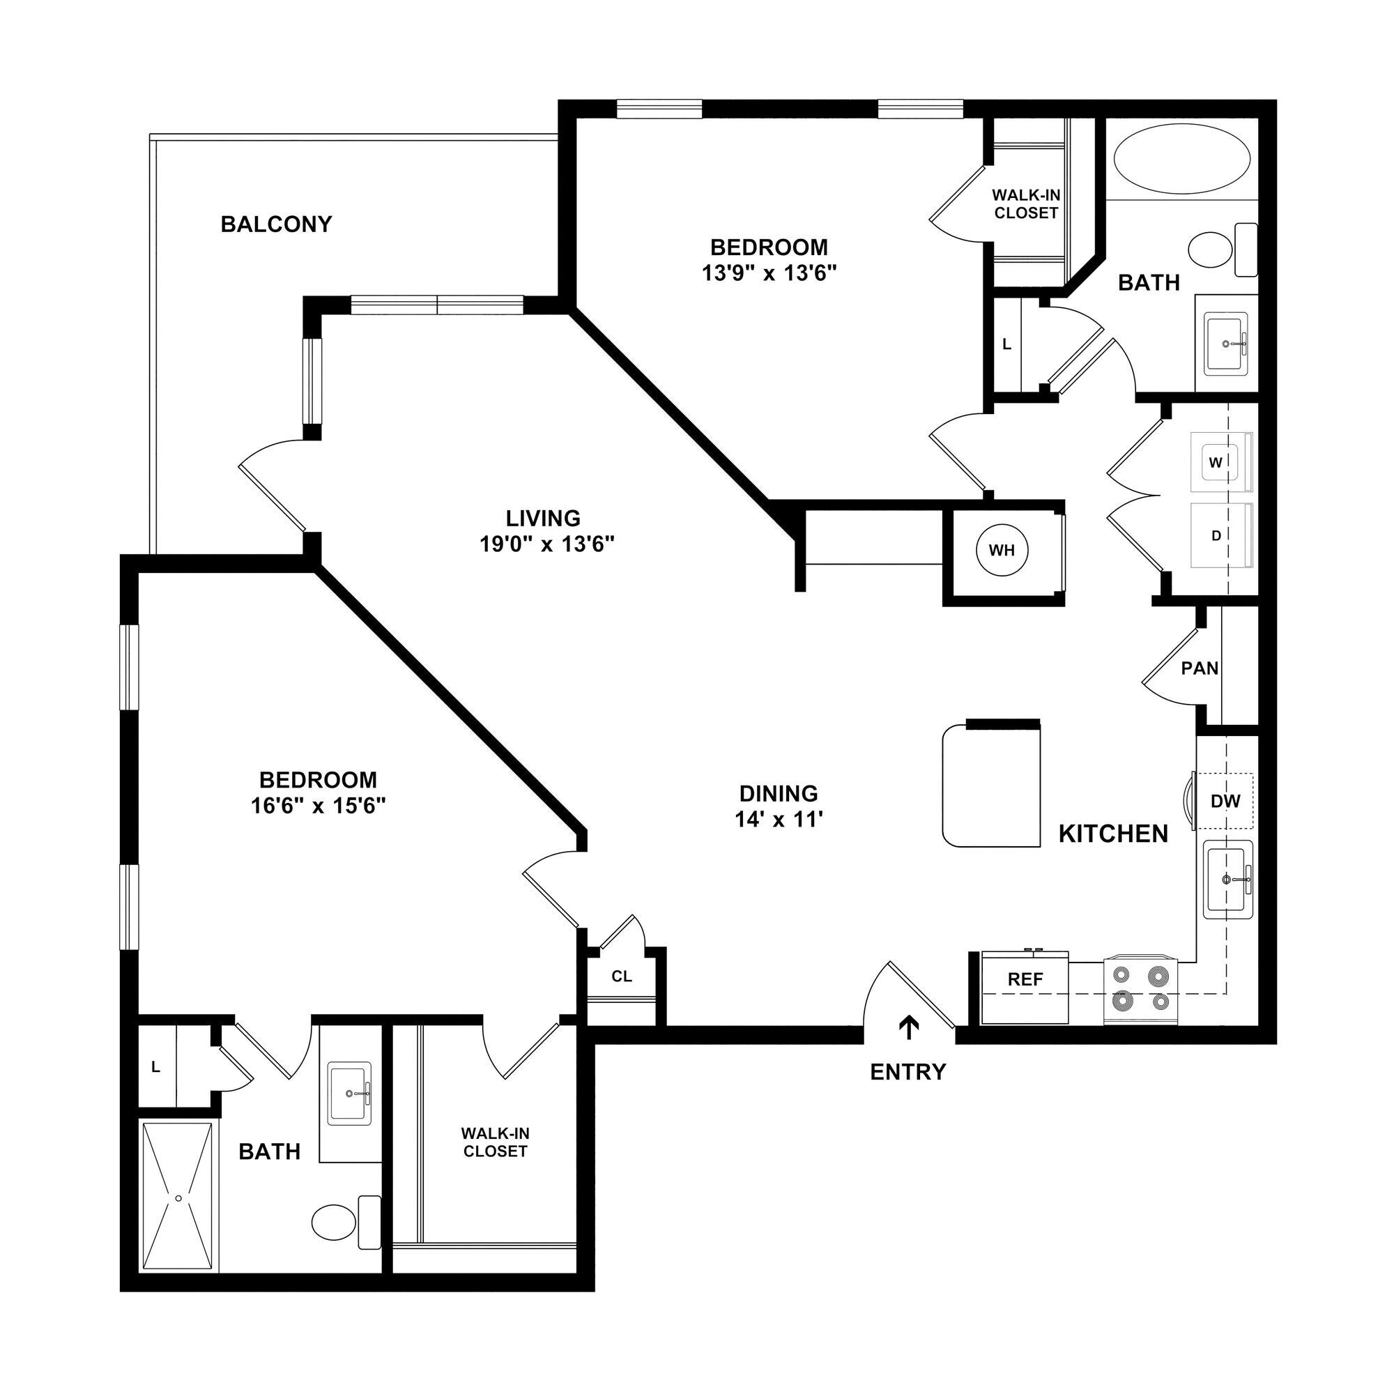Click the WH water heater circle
(x=1002, y=551)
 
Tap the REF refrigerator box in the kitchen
(x=1025, y=988)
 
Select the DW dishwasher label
(x=1225, y=800)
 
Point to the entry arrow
(x=908, y=1028)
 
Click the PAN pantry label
(x=1199, y=668)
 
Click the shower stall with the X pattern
(x=179, y=1197)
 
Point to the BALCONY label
(x=276, y=224)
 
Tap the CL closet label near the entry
(x=621, y=976)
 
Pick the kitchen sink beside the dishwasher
(x=1227, y=880)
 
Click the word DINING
(x=779, y=793)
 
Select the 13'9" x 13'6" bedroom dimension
(x=769, y=273)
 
